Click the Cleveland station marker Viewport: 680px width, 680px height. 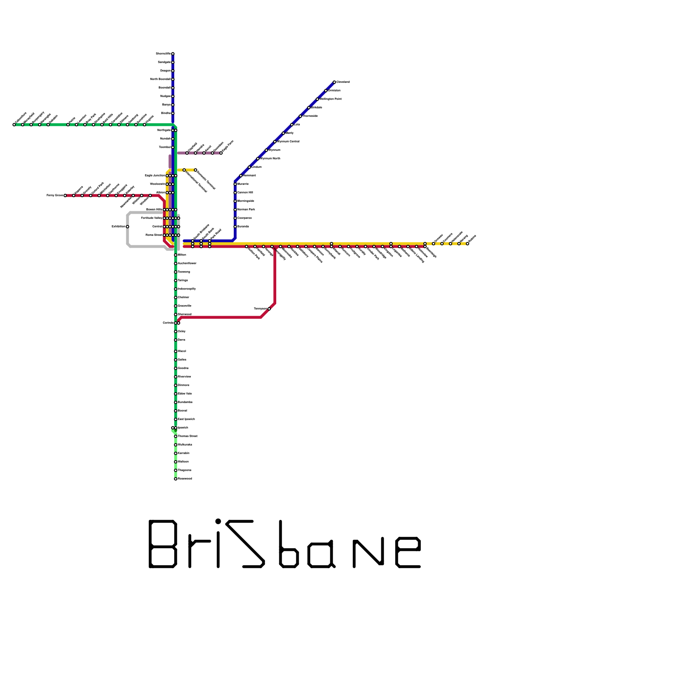pyautogui.click(x=334, y=82)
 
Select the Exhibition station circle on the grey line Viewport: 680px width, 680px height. pyautogui.click(x=127, y=227)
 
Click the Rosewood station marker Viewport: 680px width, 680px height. pyautogui.click(x=176, y=479)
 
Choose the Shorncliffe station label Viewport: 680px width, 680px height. pyautogui.click(x=163, y=54)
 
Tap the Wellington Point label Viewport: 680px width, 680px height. pyautogui.click(x=331, y=99)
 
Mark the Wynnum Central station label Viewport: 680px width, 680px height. pyautogui.click(x=289, y=142)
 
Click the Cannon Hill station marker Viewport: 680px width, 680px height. pyautogui.click(x=235, y=193)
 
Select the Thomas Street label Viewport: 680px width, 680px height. pyautogui.click(x=187, y=436)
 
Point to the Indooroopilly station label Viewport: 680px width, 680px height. pyautogui.click(x=187, y=289)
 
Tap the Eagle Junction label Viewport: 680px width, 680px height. pyautogui.click(x=155, y=176)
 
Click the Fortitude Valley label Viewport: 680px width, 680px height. pyautogui.click(x=152, y=218)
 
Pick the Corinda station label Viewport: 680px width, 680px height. pyautogui.click(x=168, y=323)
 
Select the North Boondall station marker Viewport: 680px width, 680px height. pyautogui.click(x=173, y=79)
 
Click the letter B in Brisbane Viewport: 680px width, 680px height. pyautogui.click(x=163, y=544)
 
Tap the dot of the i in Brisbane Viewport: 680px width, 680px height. pyautogui.click(x=218, y=521)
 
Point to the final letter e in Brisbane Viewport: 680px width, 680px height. pyautogui.click(x=408, y=552)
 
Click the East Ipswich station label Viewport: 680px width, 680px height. pyautogui.click(x=186, y=419)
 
